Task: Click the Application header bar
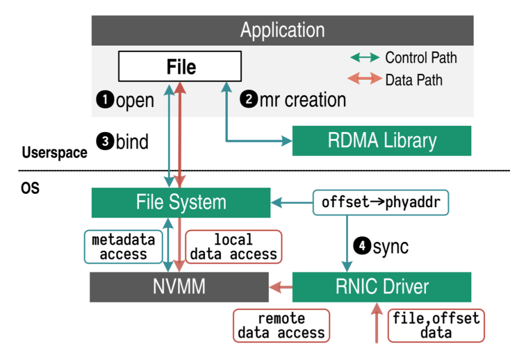282,30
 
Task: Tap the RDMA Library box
381,140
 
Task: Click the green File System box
181,202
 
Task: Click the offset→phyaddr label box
381,202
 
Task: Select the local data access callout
233,247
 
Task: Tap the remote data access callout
281,326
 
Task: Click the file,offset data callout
436,326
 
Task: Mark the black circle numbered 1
104,100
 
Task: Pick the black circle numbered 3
104,141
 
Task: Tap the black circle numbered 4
361,246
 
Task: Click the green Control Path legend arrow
365,58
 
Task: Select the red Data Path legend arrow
365,79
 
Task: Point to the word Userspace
55,152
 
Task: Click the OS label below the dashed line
31,188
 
